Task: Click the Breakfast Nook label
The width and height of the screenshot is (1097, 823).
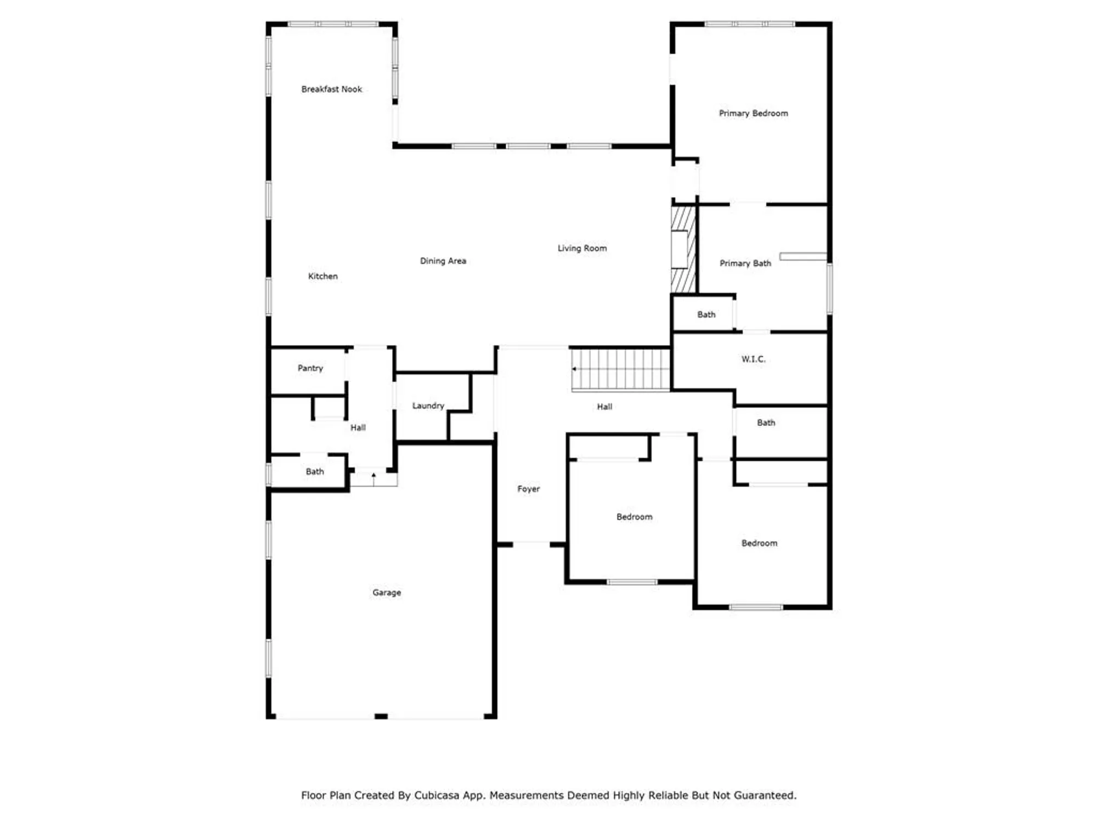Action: click(x=331, y=89)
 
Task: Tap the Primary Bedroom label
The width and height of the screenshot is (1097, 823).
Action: click(x=753, y=113)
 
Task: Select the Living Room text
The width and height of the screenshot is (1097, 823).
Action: click(x=582, y=248)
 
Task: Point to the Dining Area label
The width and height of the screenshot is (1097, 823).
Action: click(x=443, y=261)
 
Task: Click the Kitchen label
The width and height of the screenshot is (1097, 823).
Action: click(x=323, y=276)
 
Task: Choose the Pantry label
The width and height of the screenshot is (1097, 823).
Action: click(x=310, y=368)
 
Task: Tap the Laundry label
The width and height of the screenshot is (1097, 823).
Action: click(x=428, y=405)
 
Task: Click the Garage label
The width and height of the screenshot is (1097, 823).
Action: click(x=387, y=593)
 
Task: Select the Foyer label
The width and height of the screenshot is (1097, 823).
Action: click(x=528, y=489)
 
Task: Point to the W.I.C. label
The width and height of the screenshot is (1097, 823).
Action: click(x=753, y=359)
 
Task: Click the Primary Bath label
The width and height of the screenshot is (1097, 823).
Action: click(x=745, y=263)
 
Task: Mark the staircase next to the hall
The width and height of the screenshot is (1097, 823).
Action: click(x=620, y=369)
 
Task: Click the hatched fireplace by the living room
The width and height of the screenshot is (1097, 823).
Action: click(x=683, y=249)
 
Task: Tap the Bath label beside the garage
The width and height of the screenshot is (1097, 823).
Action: click(x=314, y=471)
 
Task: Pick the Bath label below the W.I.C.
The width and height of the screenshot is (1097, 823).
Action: click(x=766, y=422)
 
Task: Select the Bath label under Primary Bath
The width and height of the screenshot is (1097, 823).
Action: click(x=706, y=314)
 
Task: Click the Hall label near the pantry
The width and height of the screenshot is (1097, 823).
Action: click(x=358, y=427)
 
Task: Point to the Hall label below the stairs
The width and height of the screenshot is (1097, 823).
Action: click(x=604, y=407)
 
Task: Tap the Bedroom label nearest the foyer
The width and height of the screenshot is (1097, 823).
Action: click(x=634, y=517)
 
